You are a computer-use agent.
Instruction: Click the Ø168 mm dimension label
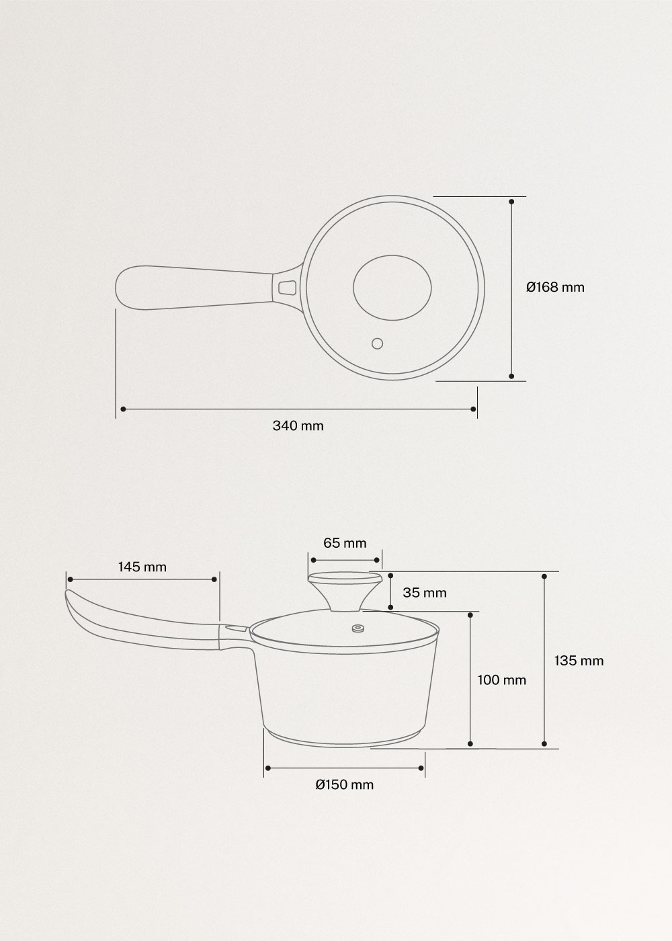[x=555, y=288]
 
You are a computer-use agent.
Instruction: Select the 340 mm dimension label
[x=298, y=425]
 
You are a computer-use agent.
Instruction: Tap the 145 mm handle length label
[x=142, y=567]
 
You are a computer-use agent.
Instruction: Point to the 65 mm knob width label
[x=345, y=542]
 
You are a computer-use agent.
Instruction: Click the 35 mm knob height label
[x=424, y=592]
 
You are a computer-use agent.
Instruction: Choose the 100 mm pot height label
[x=501, y=680]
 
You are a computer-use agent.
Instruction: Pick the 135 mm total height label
[x=579, y=660]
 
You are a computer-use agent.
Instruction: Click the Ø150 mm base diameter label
[x=344, y=784]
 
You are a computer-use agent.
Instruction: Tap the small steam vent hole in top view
[x=377, y=343]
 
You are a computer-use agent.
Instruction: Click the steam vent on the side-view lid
[x=358, y=629]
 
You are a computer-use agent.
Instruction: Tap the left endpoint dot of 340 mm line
[x=122, y=409]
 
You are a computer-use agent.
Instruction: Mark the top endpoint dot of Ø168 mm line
[x=512, y=201]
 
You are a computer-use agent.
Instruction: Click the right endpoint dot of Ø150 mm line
[x=421, y=768]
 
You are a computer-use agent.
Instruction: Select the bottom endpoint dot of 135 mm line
[x=544, y=743]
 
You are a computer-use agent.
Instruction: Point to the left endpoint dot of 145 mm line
[x=68, y=579]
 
